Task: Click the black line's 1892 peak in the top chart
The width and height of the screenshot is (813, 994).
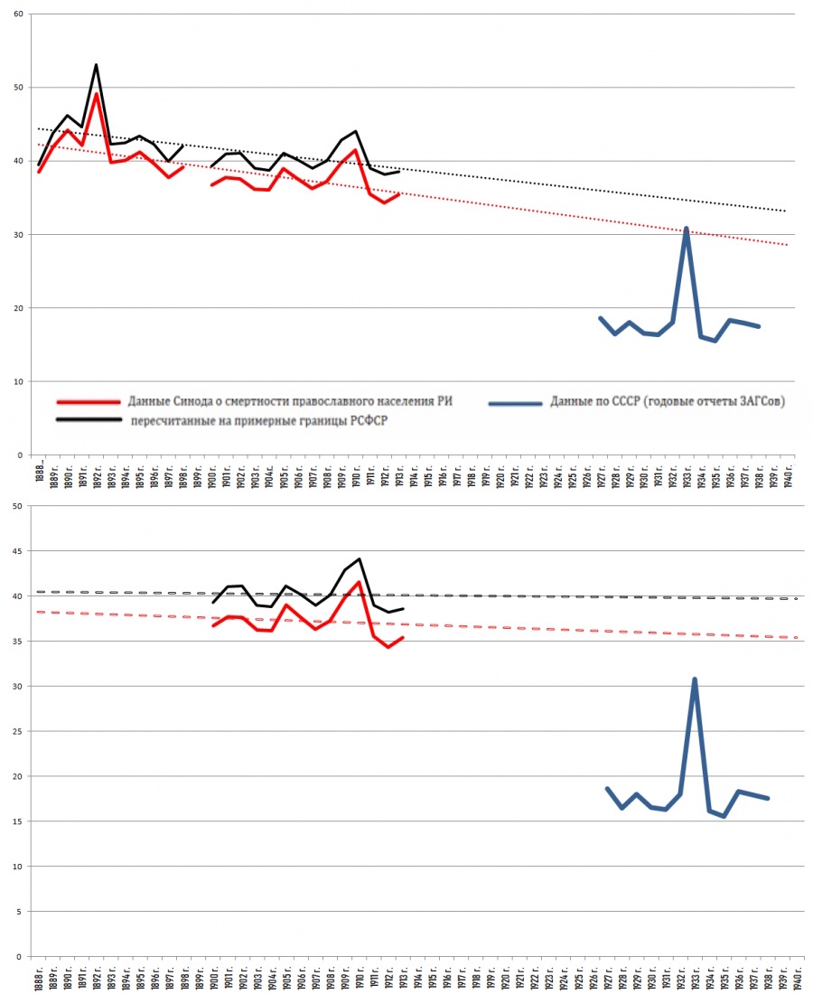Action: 96,65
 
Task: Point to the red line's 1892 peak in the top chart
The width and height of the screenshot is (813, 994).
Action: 96,94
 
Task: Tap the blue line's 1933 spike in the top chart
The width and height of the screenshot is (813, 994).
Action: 687,229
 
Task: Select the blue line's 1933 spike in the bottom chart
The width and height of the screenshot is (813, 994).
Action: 694,679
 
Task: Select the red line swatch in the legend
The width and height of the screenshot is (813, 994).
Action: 88,403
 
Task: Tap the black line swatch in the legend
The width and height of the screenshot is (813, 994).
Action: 88,420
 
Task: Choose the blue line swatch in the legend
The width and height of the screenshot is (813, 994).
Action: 516,403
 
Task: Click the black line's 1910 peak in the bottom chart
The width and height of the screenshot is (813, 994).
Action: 360,559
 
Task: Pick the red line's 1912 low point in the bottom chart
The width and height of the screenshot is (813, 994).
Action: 388,647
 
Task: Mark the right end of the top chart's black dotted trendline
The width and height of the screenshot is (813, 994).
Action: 786,211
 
